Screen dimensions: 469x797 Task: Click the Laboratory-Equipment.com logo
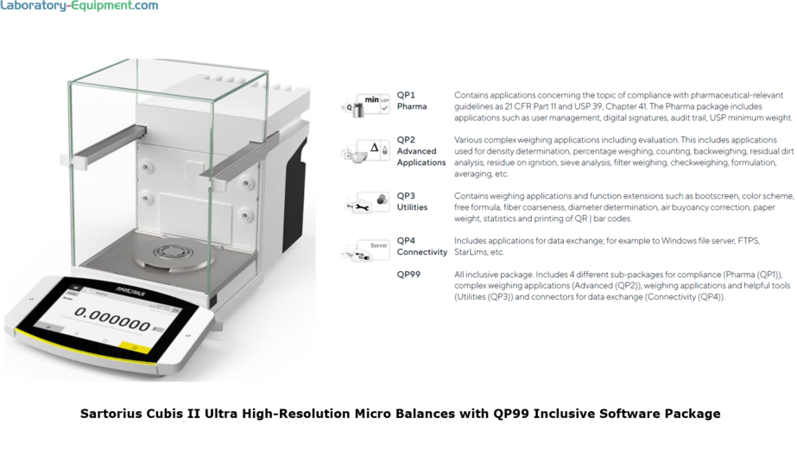pyautogui.click(x=79, y=6)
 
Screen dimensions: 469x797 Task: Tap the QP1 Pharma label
pyautogui.click(x=412, y=100)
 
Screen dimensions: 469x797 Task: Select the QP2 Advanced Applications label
pyautogui.click(x=421, y=150)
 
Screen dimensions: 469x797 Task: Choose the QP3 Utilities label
pyautogui.click(x=412, y=202)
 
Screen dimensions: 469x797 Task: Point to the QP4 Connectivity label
pyautogui.click(x=421, y=246)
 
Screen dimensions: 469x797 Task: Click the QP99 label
pyautogui.click(x=408, y=274)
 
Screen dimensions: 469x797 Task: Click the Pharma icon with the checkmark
pyautogui.click(x=367, y=105)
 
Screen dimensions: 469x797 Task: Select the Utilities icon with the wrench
pyautogui.click(x=367, y=204)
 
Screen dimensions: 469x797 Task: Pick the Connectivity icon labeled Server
pyautogui.click(x=367, y=250)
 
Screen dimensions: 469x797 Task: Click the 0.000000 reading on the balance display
pyautogui.click(x=111, y=325)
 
